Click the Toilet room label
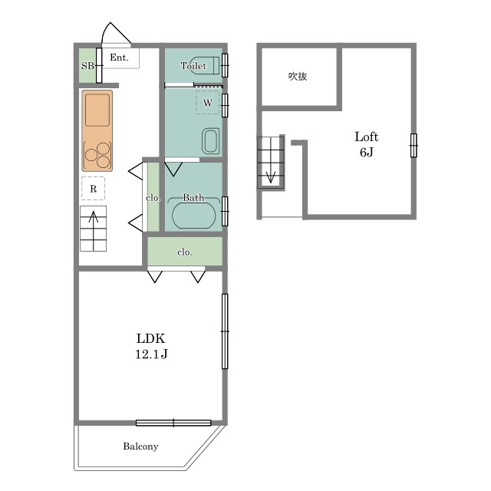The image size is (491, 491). pyautogui.click(x=193, y=66)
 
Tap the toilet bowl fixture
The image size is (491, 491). pyautogui.click(x=205, y=65)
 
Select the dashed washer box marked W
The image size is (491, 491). pyautogui.click(x=207, y=102)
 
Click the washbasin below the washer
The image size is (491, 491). pyautogui.click(x=210, y=141)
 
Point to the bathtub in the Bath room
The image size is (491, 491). pyautogui.click(x=194, y=215)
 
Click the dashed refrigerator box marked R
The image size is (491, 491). pyautogui.click(x=93, y=188)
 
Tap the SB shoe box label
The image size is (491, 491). pyautogui.click(x=87, y=66)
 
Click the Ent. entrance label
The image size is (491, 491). pyautogui.click(x=120, y=58)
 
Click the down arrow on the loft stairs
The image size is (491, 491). pyautogui.click(x=271, y=176)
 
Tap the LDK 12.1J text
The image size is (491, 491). pyautogui.click(x=151, y=346)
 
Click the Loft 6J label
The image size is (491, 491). pyautogui.click(x=367, y=144)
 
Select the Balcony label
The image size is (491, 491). pyautogui.click(x=140, y=447)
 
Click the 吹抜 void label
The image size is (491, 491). pyautogui.click(x=298, y=76)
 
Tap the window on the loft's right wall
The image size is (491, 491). pyautogui.click(x=414, y=146)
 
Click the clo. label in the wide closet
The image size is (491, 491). pyautogui.click(x=184, y=252)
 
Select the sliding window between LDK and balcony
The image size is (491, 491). pyautogui.click(x=173, y=423)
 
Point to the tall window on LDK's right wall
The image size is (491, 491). pyautogui.click(x=225, y=331)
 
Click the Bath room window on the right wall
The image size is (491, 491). pyautogui.click(x=225, y=212)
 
